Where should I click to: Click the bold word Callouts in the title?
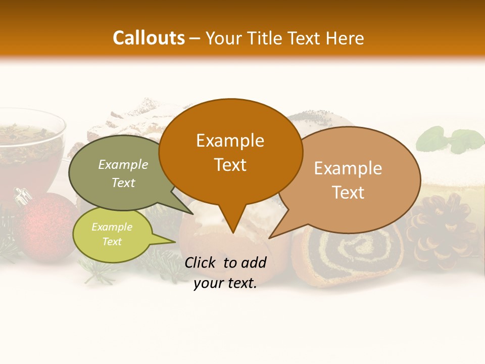pos(149,38)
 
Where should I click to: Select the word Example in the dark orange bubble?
pos(230,141)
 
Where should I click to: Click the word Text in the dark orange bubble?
pos(230,165)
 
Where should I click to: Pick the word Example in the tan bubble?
pos(348,168)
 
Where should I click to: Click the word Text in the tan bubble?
pos(348,193)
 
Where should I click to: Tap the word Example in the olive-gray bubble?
pos(123,165)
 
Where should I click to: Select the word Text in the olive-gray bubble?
pos(123,183)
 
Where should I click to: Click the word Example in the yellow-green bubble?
pos(112,227)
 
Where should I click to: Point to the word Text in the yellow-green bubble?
pos(112,242)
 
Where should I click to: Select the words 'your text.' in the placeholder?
pos(225,284)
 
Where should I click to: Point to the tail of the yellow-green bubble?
pos(169,242)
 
